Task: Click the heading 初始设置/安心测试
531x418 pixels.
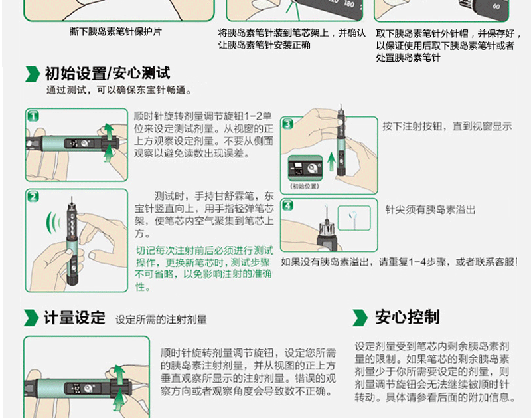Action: [x=108, y=74]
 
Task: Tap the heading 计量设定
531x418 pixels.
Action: [x=74, y=318]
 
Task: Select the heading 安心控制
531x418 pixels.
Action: [x=408, y=317]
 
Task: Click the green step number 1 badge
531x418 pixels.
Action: [x=33, y=116]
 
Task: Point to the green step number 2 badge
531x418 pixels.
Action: [x=33, y=197]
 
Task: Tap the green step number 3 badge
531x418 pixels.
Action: [x=288, y=124]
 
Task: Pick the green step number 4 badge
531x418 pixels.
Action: [x=288, y=205]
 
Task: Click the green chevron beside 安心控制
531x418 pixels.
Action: [x=360, y=318]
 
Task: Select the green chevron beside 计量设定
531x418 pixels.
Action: [x=31, y=318]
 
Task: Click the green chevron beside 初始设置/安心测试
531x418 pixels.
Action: [x=33, y=74]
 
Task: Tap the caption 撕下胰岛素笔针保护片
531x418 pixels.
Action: [x=115, y=31]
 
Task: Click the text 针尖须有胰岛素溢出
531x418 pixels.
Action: [x=430, y=210]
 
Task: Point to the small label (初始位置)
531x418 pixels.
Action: [x=305, y=186]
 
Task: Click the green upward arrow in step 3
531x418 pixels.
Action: [x=331, y=161]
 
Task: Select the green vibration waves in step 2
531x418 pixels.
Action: [x=54, y=223]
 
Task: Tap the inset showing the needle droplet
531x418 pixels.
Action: [x=354, y=219]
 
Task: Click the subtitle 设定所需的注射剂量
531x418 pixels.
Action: [x=161, y=320]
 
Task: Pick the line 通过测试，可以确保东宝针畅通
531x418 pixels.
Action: [x=119, y=90]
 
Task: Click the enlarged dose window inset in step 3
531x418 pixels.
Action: [x=305, y=169]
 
